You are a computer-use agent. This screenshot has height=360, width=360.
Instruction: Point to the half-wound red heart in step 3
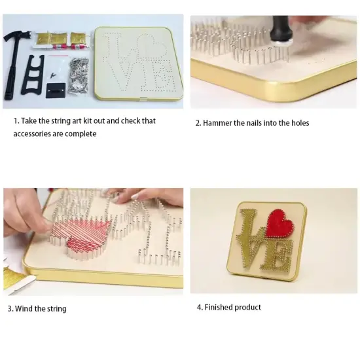click(x=82, y=234)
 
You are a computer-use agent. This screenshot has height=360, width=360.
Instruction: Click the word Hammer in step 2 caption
click(x=218, y=123)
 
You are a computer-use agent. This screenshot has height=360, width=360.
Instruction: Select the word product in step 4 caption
click(x=249, y=307)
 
